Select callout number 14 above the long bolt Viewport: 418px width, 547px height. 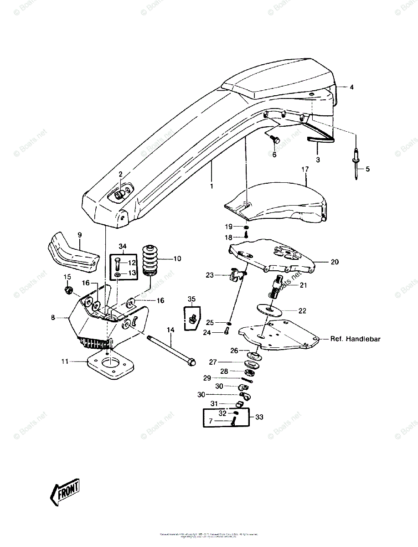tap(170, 330)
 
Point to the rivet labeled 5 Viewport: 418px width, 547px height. tap(356, 165)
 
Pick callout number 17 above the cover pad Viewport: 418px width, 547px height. tap(305, 169)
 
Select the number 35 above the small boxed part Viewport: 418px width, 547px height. tap(191, 299)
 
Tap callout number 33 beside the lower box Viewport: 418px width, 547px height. tap(259, 417)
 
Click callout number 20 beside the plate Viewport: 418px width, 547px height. tap(335, 262)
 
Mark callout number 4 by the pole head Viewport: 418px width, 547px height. tap(351, 86)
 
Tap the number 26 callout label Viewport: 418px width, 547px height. tap(234, 351)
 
